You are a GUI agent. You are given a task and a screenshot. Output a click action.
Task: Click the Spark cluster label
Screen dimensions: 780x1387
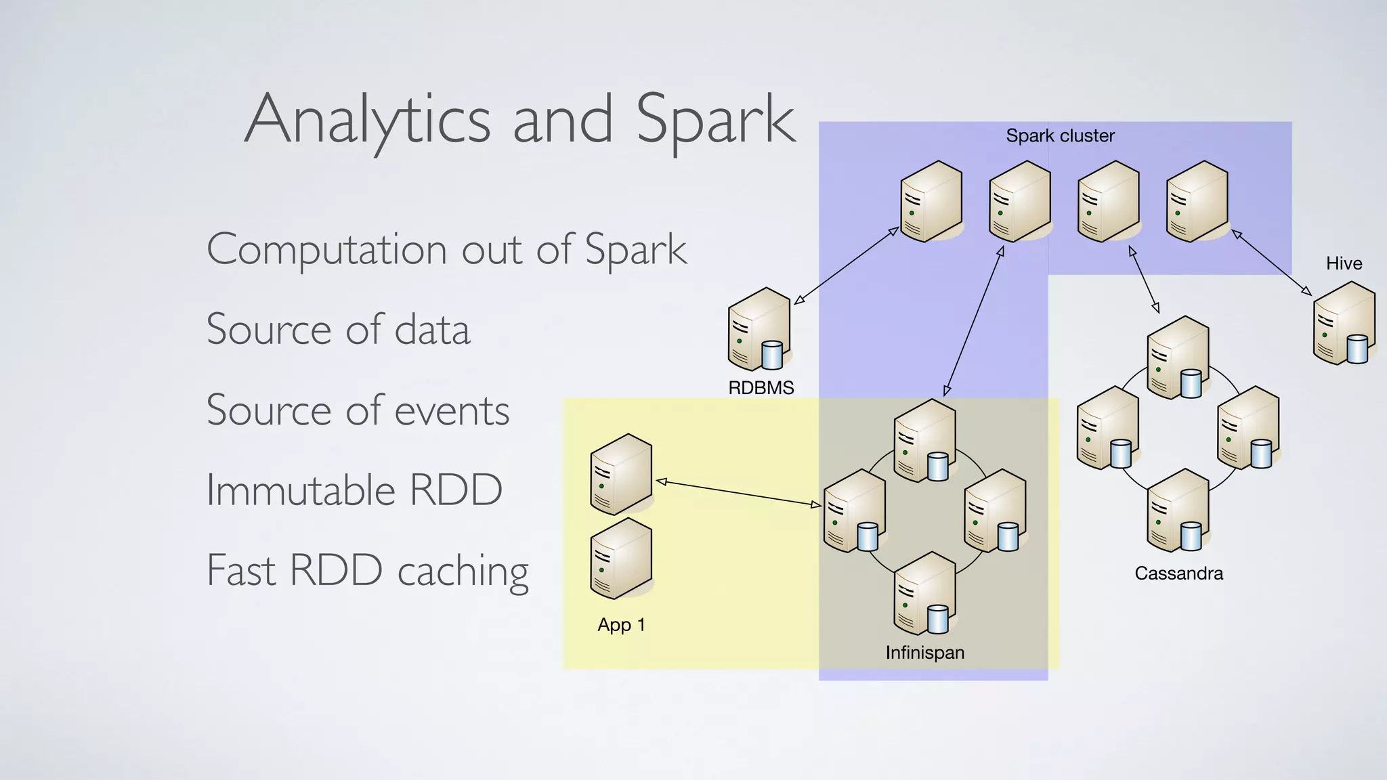1060,135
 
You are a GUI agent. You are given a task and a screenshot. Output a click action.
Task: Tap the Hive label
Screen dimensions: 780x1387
1344,263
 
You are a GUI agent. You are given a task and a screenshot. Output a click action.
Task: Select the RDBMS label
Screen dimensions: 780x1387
761,388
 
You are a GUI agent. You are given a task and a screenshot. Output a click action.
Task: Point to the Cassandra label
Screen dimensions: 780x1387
1178,573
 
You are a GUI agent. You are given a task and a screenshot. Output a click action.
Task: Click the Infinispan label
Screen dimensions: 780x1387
924,653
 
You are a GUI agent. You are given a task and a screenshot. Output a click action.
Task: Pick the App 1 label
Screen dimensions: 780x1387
621,624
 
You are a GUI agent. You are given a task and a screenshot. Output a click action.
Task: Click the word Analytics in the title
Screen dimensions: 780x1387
366,121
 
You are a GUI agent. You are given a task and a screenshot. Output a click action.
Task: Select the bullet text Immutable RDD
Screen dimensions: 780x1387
354,490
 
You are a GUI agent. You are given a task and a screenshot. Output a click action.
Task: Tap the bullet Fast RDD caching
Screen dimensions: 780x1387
367,570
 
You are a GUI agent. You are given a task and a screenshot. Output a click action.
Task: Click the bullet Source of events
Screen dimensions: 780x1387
358,410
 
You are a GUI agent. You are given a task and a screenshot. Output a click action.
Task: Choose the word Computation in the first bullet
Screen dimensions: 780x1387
326,249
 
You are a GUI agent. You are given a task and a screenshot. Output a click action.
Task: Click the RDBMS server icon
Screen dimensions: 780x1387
759,330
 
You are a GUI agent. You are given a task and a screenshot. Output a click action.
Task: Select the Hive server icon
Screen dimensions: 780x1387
1344,324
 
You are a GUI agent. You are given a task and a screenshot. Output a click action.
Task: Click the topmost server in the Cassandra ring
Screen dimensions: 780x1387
1177,357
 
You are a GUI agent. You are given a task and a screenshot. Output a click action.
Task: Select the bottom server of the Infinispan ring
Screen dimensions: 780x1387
924,593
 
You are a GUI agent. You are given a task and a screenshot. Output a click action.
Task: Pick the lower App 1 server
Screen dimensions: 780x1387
621,559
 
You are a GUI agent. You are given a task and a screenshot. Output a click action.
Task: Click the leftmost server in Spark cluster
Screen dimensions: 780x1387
931,202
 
